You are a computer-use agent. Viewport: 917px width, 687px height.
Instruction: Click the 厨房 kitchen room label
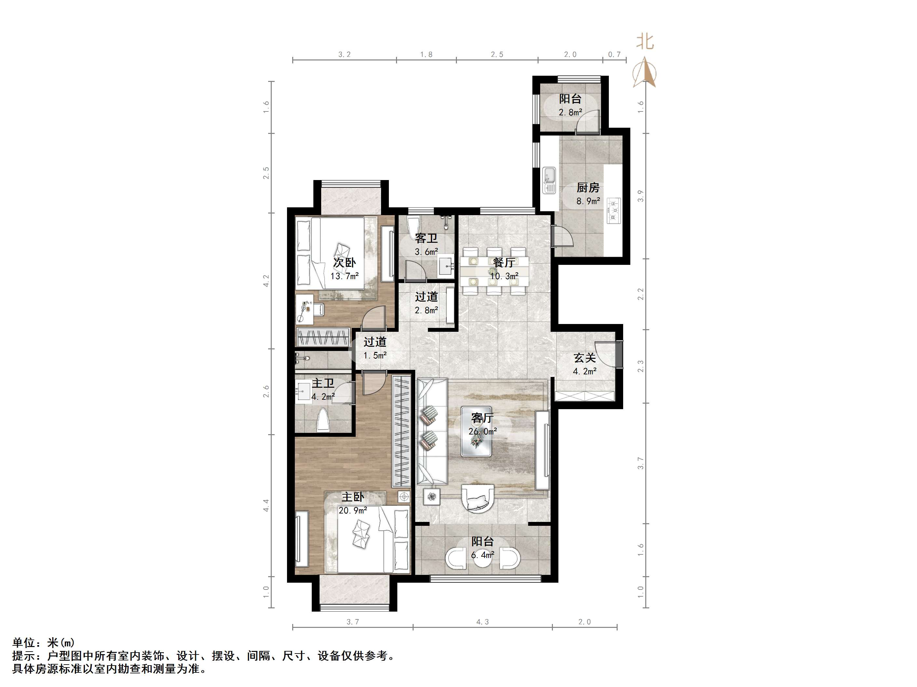(x=588, y=188)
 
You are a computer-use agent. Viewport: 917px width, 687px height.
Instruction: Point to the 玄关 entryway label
(x=584, y=357)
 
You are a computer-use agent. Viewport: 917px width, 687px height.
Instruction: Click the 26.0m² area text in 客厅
(x=483, y=432)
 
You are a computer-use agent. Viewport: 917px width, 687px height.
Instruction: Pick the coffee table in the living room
(x=476, y=431)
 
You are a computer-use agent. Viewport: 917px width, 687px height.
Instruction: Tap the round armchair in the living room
(x=478, y=499)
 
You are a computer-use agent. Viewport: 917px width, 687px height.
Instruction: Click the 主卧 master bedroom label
(x=352, y=497)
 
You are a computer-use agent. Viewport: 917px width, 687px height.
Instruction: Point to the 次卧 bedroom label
(x=345, y=263)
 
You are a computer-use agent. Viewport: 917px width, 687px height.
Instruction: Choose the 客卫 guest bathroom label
(x=426, y=238)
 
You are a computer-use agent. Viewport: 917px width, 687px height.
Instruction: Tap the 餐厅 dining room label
(x=504, y=263)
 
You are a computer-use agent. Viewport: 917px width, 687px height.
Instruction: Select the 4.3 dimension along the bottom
(x=483, y=622)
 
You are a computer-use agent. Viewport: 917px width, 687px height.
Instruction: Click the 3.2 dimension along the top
(x=345, y=54)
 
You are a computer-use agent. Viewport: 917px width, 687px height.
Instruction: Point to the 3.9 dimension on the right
(x=641, y=196)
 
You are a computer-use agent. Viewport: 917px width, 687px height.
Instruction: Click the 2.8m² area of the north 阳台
(x=570, y=112)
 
